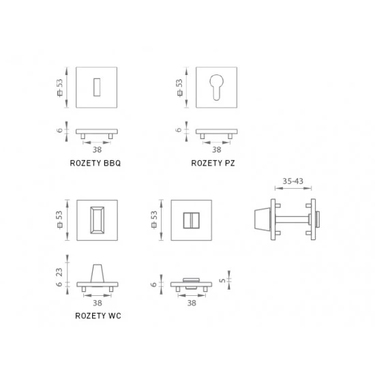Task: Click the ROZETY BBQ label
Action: pyautogui.click(x=95, y=163)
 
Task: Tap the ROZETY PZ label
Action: pyautogui.click(x=213, y=163)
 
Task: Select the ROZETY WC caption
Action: pyautogui.click(x=98, y=316)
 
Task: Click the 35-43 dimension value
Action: pyautogui.click(x=292, y=181)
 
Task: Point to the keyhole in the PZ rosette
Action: pyautogui.click(x=216, y=87)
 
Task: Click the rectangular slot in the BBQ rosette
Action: pyautogui.click(x=97, y=87)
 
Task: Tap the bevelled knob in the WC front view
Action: pyautogui.click(x=97, y=220)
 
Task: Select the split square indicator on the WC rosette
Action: pyautogui.click(x=191, y=220)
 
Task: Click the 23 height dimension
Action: pyautogui.click(x=59, y=272)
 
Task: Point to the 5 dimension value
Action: pyautogui.click(x=222, y=280)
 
